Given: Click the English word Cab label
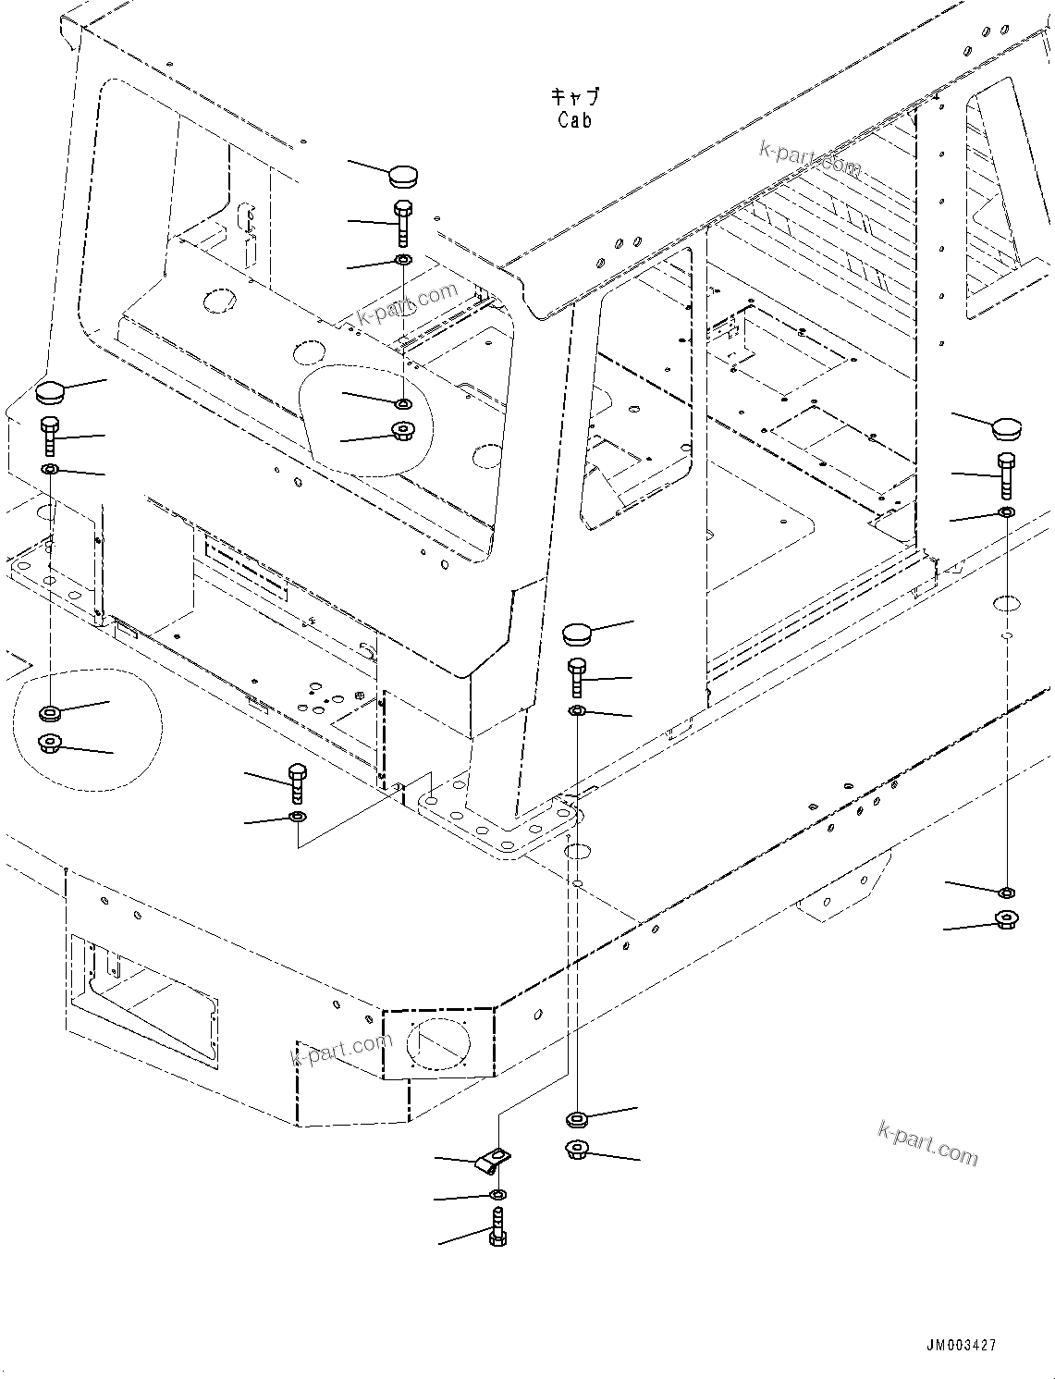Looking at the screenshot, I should click(574, 120).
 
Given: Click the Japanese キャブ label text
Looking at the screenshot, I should click(574, 96).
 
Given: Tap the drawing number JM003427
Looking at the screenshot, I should click(959, 1346).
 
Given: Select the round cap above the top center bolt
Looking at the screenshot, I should click(402, 175).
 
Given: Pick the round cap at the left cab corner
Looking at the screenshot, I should click(49, 391).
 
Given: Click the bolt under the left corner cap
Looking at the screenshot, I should click(50, 436).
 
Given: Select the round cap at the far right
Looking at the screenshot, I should click(1005, 428).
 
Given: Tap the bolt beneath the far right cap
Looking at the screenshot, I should click(1006, 475).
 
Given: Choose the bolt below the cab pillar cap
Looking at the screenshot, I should click(577, 678).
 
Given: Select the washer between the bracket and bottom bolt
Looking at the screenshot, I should click(497, 1196).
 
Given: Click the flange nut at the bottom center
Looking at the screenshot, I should click(578, 1151).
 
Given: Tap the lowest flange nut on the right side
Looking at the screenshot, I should click(1006, 919).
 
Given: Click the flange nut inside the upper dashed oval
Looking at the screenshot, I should click(403, 431).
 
